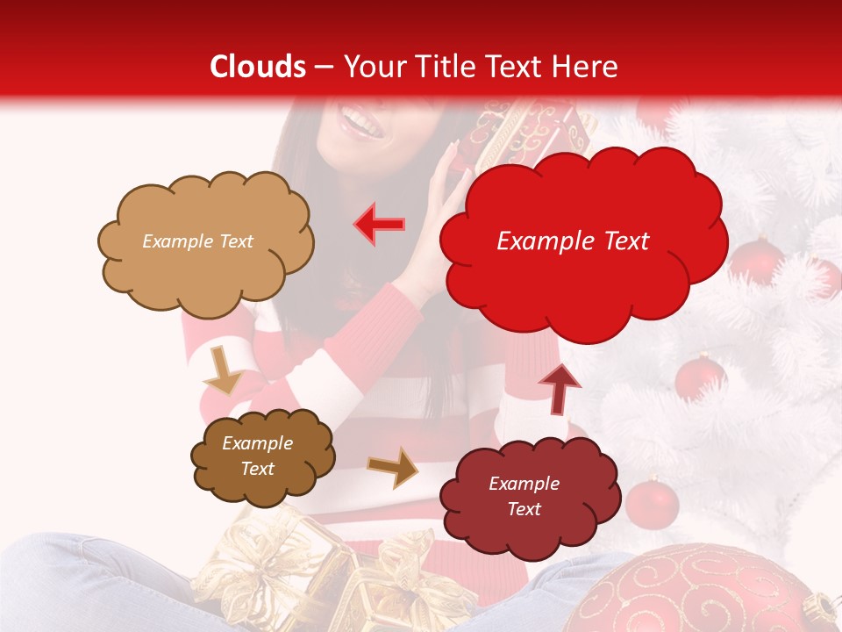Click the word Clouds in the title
pos(258,67)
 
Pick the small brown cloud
pos(262,456)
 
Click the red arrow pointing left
pos(380,225)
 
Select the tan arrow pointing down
pos(224,371)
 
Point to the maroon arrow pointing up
pos(559,388)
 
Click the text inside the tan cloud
pos(197,241)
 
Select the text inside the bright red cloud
pos(573,241)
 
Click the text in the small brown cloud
pos(257,456)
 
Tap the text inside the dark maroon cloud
pos(524,496)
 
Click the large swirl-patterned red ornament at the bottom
pos(702,588)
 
